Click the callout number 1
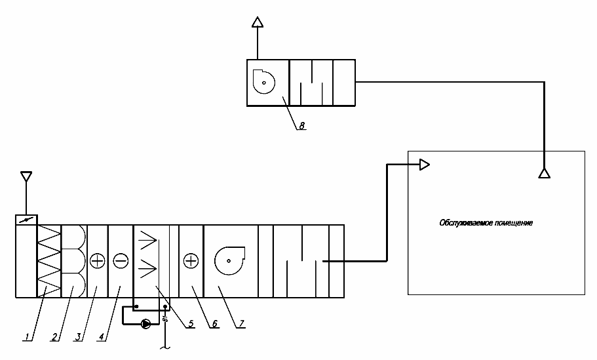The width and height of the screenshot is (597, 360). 26,337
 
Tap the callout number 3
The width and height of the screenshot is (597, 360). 77,337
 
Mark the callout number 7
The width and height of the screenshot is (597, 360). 241,323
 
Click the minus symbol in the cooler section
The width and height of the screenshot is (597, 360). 121,261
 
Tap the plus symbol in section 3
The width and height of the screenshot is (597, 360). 97,261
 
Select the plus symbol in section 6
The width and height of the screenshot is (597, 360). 191,261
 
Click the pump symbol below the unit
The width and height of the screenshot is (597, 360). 145,323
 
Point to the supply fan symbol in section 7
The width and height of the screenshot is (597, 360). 229,261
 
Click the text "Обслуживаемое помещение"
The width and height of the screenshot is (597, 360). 486,223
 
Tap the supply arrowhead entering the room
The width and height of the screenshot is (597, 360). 424,165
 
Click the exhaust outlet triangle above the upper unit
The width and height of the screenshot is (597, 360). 258,22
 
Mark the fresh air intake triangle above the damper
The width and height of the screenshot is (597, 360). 26,177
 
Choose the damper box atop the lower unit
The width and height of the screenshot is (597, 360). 26,220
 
